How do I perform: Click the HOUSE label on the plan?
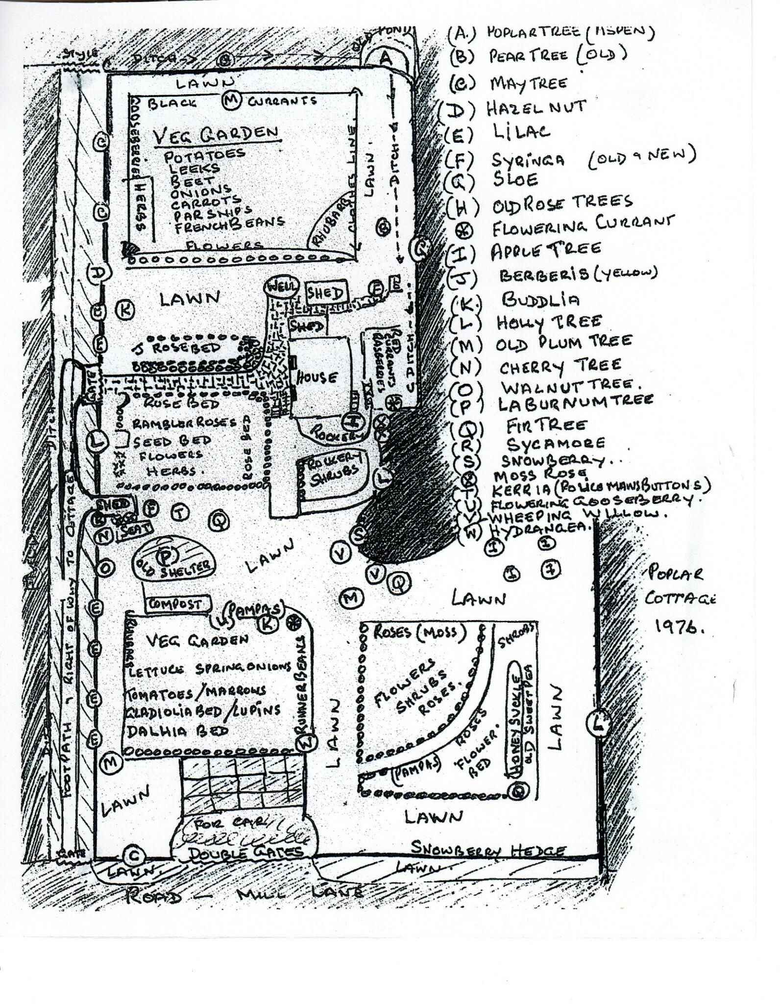pyautogui.click(x=316, y=377)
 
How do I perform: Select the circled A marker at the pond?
pyautogui.click(x=386, y=58)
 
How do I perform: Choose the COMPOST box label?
pyautogui.click(x=175, y=604)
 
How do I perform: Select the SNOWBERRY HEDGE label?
pyautogui.click(x=487, y=850)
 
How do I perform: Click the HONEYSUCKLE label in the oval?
pyautogui.click(x=515, y=721)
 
